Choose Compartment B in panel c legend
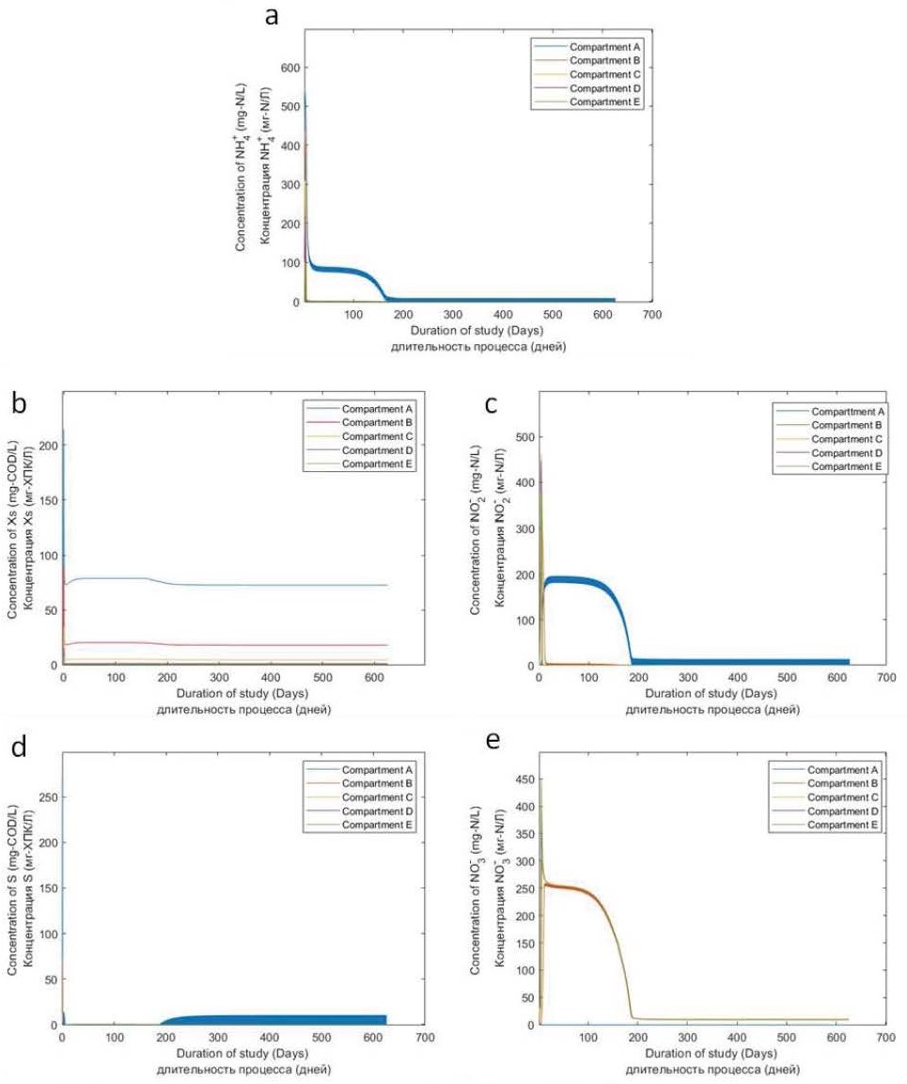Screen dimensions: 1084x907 click(x=842, y=425)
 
